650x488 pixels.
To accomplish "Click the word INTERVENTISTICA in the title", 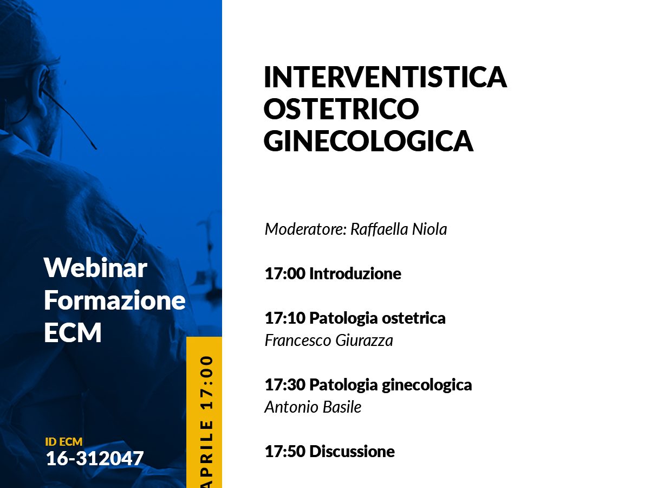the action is click(x=385, y=77).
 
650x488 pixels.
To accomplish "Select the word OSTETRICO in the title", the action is click(x=341, y=108).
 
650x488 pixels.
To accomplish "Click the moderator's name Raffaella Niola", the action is click(x=399, y=229).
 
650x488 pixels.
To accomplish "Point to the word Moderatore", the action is click(x=305, y=229).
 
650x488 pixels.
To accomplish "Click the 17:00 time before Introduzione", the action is click(x=285, y=273).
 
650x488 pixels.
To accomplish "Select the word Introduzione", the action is click(x=355, y=273).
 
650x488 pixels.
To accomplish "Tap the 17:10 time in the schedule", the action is click(x=285, y=318).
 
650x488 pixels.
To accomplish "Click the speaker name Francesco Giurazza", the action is click(x=329, y=340).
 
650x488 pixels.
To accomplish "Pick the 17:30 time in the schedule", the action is click(x=285, y=385).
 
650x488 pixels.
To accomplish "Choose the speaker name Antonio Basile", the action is click(x=313, y=407).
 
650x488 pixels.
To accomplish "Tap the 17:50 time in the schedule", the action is click(x=285, y=452).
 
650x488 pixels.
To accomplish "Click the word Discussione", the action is click(x=352, y=452).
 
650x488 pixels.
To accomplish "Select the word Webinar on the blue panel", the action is click(x=95, y=267).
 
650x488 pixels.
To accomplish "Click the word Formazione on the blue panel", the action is click(x=115, y=300).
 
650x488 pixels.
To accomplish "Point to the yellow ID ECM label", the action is click(x=64, y=442).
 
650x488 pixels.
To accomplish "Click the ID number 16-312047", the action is click(x=94, y=458).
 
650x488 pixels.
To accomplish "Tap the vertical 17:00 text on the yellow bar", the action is click(x=207, y=382).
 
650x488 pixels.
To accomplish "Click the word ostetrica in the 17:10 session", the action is click(x=414, y=318).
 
